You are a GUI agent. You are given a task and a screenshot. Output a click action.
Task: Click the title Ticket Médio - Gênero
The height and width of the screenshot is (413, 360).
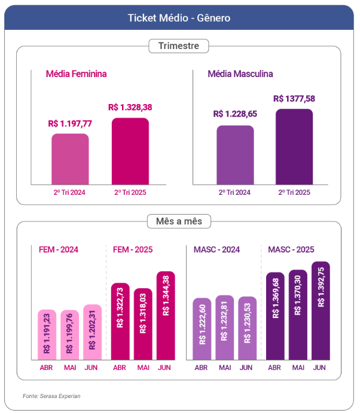pos(179,18)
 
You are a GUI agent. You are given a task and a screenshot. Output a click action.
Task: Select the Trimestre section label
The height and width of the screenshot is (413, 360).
pos(178,46)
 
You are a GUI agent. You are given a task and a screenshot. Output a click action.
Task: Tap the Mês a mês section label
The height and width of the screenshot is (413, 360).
pos(179,222)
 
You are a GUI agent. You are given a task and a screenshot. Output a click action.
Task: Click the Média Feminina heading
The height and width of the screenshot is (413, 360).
pos(77,74)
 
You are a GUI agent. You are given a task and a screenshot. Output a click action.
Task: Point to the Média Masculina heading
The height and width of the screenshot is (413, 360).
pos(240,74)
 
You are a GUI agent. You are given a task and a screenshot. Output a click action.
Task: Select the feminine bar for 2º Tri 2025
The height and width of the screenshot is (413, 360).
pos(130,151)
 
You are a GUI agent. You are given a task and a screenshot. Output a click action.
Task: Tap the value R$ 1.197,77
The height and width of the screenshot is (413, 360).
pos(70,124)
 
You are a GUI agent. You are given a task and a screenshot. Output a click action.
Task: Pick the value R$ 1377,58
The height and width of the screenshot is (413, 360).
pos(294,99)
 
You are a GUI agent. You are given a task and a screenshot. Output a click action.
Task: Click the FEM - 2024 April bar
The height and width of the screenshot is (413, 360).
pos(47,335)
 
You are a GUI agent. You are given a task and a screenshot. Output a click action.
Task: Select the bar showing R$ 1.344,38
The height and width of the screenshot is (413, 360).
pos(166,316)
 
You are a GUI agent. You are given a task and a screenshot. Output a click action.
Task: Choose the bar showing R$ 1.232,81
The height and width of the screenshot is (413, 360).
pos(224,328)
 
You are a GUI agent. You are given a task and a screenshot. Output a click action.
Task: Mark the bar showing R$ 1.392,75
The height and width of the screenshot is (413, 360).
pos(320,311)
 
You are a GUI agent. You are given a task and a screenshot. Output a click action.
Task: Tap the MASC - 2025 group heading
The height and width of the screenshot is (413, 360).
pos(291,249)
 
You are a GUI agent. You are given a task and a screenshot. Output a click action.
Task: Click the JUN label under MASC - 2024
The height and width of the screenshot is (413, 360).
pos(246,367)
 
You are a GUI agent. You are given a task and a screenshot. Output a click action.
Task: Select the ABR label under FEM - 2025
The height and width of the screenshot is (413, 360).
pos(120,367)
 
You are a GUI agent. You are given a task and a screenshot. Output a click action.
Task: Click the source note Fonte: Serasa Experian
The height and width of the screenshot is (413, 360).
pos(51,396)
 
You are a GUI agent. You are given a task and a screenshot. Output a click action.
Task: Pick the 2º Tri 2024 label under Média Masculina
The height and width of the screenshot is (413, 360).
pos(234,192)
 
